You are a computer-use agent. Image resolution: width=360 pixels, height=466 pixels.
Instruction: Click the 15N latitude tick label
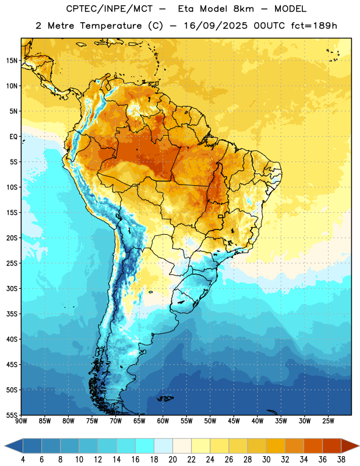tap(12, 61)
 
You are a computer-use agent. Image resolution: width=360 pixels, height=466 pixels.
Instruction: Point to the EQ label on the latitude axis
tap(13, 137)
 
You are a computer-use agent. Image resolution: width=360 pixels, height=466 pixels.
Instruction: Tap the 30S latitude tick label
tap(12, 288)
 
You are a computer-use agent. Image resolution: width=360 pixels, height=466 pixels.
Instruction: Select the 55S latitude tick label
tap(12, 415)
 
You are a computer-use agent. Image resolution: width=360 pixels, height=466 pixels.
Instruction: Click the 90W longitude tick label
tap(21, 421)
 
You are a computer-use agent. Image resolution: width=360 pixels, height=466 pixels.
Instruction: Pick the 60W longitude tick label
tap(163, 421)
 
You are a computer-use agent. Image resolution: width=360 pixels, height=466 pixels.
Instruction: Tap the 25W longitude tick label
tap(328, 421)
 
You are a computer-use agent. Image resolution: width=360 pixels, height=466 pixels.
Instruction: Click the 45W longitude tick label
tap(234, 421)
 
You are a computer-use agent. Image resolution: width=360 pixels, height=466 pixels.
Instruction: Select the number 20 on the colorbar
tap(172, 460)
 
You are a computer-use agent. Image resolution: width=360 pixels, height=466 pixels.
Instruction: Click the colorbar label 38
tap(341, 460)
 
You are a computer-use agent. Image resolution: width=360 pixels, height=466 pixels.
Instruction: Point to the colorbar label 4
tap(23, 460)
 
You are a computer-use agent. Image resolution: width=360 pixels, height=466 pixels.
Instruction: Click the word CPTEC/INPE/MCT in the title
tap(109, 9)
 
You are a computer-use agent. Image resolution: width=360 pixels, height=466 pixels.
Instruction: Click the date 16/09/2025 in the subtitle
tap(216, 26)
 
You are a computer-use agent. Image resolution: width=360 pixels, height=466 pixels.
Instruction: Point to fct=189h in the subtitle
tap(314, 26)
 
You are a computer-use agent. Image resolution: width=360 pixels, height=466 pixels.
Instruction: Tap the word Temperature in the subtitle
tap(111, 26)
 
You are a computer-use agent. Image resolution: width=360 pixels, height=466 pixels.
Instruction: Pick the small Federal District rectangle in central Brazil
tap(221, 216)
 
